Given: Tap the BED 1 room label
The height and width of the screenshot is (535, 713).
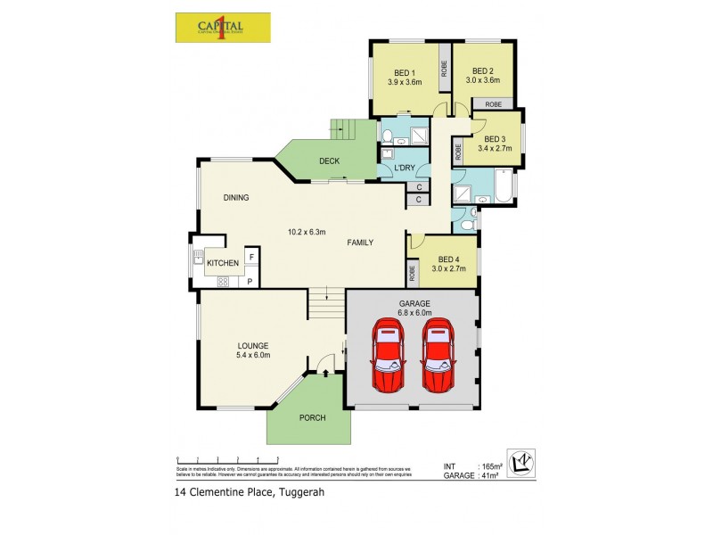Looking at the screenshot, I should click(x=405, y=73).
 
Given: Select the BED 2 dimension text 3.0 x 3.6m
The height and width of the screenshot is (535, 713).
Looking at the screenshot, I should click(x=482, y=81).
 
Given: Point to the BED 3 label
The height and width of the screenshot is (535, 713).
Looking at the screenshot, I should click(x=495, y=139).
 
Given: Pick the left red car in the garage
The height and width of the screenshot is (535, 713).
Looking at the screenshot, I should click(x=389, y=357).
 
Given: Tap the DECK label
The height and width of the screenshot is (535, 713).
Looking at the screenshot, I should click(x=330, y=161).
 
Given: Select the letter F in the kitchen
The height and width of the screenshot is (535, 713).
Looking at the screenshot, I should click(x=251, y=258).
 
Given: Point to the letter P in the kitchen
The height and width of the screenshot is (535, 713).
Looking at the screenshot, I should click(x=250, y=282).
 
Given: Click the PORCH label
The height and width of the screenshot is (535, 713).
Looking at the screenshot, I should click(x=312, y=417).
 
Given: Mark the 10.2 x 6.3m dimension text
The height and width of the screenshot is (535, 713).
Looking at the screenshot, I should click(x=306, y=233).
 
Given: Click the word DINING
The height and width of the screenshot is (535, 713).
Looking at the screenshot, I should click(x=235, y=198).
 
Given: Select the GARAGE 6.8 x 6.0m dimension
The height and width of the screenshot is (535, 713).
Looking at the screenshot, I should click(x=414, y=312).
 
